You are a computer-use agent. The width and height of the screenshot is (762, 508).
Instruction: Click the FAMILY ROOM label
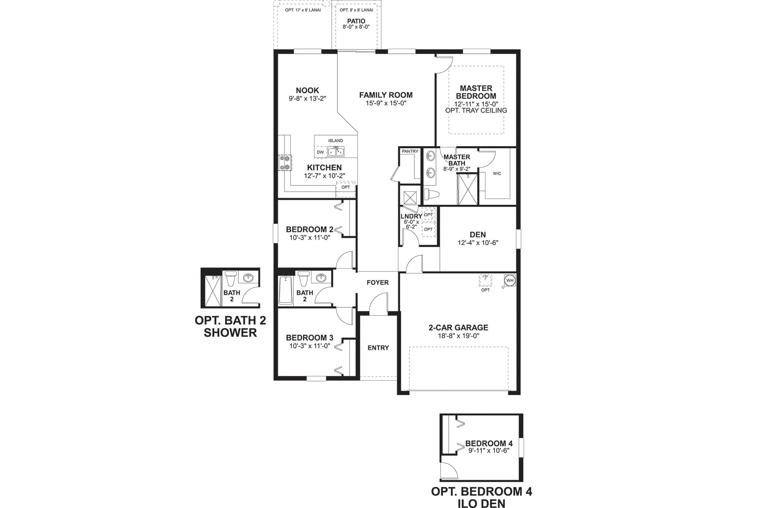pos(386,95)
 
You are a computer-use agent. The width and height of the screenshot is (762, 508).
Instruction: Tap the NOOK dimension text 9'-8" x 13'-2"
pos(307,99)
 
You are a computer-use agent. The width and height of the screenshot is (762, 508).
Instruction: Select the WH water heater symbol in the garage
pos(510,281)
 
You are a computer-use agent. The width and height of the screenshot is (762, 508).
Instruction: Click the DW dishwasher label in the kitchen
pos(320,152)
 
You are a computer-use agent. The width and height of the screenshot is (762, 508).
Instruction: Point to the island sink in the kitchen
pos(336,152)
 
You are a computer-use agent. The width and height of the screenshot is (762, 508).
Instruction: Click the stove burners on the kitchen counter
pos(285,163)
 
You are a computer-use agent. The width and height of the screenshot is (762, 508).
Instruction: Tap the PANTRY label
pos(410,152)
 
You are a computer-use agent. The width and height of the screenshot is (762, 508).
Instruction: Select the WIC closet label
pos(497,174)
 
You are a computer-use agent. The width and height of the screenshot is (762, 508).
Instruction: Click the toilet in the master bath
pos(431,194)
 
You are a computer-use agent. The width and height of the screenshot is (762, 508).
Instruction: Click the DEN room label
pos(478,235)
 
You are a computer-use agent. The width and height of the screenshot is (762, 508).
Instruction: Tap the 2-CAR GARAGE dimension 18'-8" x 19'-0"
pos(458,336)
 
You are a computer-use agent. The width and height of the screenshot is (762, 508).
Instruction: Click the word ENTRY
pos(378,348)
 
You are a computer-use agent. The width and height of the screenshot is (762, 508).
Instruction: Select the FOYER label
pos(377,282)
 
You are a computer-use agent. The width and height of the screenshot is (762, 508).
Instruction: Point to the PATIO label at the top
pos(356,21)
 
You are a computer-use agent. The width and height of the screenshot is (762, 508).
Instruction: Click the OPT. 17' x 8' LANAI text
pos(303,10)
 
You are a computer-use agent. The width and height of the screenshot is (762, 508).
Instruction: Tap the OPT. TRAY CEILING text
pos(476,110)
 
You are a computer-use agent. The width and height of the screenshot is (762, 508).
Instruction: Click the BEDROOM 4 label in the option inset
pos(489,444)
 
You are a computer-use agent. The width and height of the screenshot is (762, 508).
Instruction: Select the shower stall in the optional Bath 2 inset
pos(213,291)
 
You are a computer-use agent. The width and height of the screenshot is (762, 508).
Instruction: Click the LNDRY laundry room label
pos(411,216)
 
